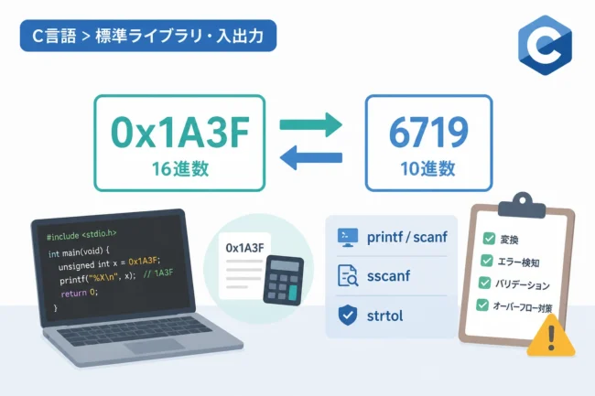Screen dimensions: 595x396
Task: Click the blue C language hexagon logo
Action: (545, 45)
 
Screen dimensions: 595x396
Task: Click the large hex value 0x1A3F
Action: (179, 133)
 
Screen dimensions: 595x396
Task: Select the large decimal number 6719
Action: (428, 133)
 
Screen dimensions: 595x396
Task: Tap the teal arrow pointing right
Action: (311, 124)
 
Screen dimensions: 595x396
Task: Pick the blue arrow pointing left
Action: (311, 157)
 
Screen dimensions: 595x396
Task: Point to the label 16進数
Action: (180, 168)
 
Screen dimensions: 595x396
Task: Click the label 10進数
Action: (427, 168)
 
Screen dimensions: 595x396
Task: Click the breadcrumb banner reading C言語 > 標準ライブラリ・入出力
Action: (148, 36)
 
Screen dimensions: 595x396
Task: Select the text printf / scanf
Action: (406, 237)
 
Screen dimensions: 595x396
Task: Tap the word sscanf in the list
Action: (388, 276)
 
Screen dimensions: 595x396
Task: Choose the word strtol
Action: (384, 316)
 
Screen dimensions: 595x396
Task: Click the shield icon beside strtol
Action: (348, 316)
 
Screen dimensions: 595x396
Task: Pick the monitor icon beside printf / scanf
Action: (348, 238)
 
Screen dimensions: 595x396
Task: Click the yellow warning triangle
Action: (551, 336)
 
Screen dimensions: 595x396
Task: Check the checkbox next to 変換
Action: (489, 239)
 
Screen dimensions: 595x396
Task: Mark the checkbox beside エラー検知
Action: (486, 261)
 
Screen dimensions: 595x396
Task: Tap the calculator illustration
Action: (284, 280)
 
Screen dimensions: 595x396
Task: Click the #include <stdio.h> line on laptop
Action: (81, 235)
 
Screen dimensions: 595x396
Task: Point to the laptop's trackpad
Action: (155, 346)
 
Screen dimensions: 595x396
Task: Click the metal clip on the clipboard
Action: (522, 205)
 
